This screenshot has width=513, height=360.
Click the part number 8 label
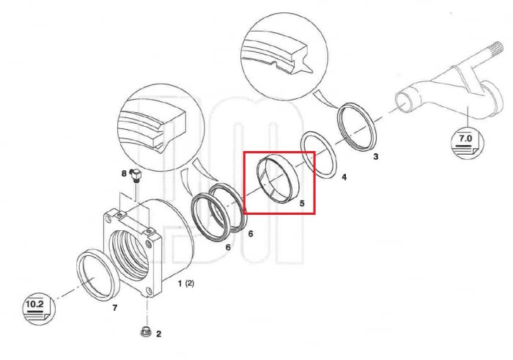tap(124, 173)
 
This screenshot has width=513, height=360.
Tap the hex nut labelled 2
tap(145, 331)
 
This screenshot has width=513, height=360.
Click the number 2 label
tap(159, 334)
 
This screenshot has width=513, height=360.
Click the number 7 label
tap(114, 308)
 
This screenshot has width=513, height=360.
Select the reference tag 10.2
tap(39, 308)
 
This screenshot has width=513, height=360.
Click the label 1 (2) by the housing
tap(186, 284)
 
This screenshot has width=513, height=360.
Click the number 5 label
tap(302, 203)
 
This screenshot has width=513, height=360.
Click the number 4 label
tap(344, 177)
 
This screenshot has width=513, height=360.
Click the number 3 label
tap(375, 157)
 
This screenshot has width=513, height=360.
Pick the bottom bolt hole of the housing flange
tap(150, 290)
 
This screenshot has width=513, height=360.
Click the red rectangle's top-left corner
tap(244, 152)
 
